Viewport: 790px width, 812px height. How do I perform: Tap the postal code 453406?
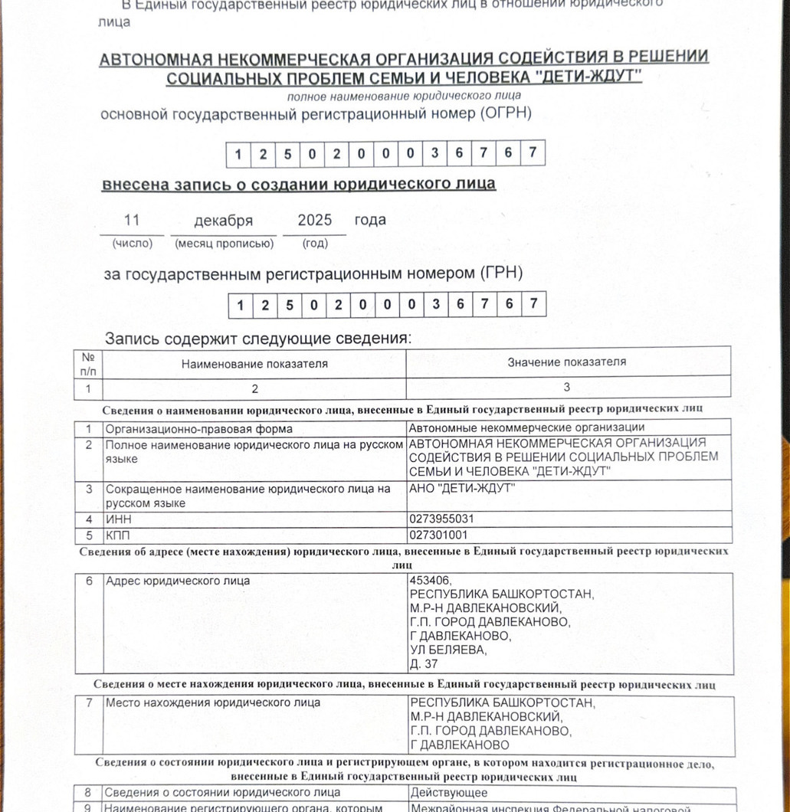pos(431,580)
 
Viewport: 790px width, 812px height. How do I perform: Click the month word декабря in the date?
pos(223,221)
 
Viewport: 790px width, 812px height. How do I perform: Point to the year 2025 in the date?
pos(314,221)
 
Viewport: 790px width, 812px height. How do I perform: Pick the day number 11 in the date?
pos(132,221)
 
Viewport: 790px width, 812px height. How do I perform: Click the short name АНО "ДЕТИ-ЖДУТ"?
pos(462,489)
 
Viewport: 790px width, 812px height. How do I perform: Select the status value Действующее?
pos(448,792)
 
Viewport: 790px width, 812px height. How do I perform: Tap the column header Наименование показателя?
pos(254,364)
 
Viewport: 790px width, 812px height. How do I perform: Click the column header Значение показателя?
pos(566,362)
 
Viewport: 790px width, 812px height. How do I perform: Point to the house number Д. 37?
pos(424,664)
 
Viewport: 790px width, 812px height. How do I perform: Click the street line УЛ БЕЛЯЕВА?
pos(448,650)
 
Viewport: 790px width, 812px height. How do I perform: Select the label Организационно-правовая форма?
pos(198,428)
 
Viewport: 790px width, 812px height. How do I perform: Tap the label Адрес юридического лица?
pos(177,581)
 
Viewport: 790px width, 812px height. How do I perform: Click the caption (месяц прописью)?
pos(224,244)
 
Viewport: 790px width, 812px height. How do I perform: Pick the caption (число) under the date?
pos(133,244)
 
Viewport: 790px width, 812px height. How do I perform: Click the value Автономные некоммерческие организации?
pos(526,427)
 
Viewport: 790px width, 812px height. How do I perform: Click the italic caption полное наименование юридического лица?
pos(404,97)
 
